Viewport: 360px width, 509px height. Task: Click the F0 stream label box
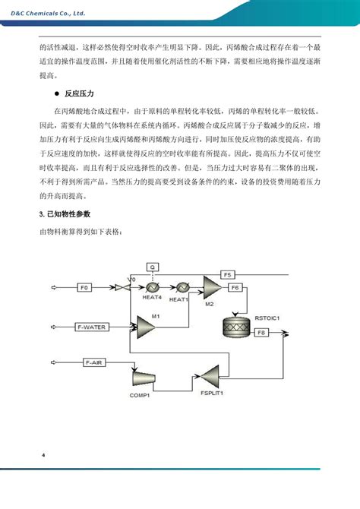point(85,288)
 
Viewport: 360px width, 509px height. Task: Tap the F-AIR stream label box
point(93,363)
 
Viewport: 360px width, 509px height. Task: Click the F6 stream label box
point(235,288)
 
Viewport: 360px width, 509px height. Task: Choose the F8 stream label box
point(261,333)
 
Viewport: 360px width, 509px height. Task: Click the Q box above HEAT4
point(151,267)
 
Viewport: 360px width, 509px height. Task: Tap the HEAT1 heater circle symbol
point(182,288)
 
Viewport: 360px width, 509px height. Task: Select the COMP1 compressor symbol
point(141,378)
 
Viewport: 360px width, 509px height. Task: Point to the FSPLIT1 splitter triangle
point(210,377)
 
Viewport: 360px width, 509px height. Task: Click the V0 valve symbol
point(120,289)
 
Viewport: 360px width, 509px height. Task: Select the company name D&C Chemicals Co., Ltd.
point(43,11)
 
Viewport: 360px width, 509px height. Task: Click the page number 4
point(43,455)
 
